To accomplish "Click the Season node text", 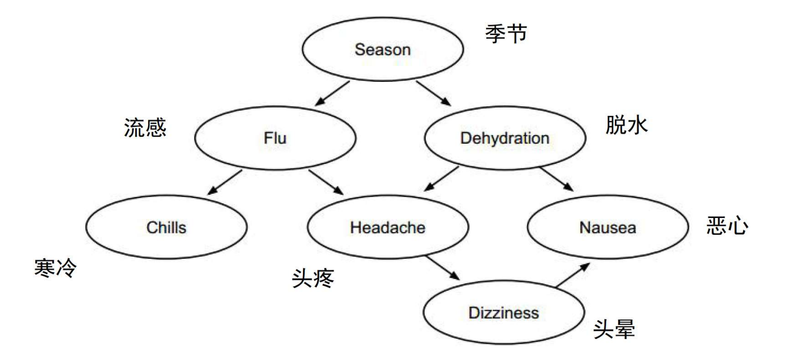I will click(382, 49).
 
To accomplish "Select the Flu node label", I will click(275, 138).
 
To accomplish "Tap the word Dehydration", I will click(504, 138).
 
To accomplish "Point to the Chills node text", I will click(166, 227).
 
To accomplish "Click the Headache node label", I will click(387, 227).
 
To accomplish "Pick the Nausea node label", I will click(607, 227).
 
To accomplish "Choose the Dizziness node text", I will click(504, 313).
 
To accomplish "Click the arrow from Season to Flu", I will click(332, 93).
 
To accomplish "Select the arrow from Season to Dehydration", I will click(434, 93).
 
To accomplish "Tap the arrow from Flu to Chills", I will click(225, 182).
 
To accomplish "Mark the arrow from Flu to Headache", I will click(326, 182).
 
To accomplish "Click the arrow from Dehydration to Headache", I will click(441, 178).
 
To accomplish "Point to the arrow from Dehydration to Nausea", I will click(556, 179).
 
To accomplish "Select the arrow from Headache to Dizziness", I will click(443, 267).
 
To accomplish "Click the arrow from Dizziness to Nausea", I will click(573, 275).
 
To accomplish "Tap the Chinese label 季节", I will click(506, 34).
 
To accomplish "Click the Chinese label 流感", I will click(145, 128).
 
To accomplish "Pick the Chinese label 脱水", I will click(626, 125).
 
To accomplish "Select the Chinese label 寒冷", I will click(55, 268).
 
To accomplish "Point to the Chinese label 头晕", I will click(614, 329).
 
